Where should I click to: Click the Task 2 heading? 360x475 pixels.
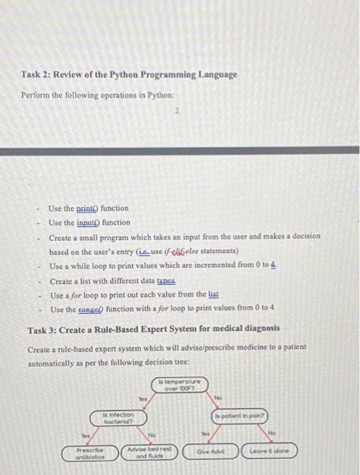129,75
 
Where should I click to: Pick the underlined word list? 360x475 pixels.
213,294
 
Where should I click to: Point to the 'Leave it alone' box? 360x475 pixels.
270,451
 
